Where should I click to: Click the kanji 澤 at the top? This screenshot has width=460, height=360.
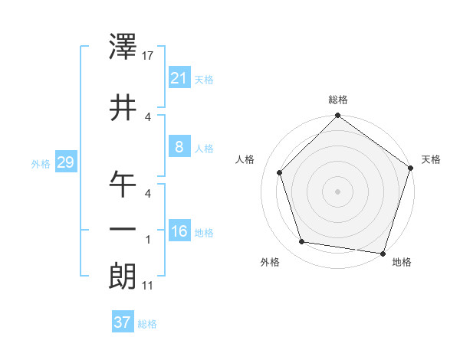point(123,48)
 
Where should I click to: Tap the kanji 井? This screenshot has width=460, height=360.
point(123,107)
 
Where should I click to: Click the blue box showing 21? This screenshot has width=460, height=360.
point(179,78)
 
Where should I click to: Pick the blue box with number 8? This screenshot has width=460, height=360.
point(179,147)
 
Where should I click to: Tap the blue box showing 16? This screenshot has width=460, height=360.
point(179,231)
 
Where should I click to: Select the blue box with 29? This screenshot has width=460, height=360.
point(65,163)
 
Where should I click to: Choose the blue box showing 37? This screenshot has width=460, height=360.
point(123,322)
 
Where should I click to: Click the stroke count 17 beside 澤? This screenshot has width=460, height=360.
point(149,56)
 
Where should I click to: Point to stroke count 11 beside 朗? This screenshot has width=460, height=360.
point(148,286)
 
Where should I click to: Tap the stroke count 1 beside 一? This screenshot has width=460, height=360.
point(148,239)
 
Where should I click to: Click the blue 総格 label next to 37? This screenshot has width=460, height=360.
point(147,324)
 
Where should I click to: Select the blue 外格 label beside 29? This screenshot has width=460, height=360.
point(41,164)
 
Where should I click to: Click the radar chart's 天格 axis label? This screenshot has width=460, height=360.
point(431,159)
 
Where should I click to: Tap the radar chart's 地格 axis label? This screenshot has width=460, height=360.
point(402,262)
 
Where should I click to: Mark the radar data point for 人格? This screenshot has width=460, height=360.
point(280,173)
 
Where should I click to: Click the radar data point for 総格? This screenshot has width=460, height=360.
point(337,116)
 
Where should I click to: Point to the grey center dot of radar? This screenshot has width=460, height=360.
point(337,191)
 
